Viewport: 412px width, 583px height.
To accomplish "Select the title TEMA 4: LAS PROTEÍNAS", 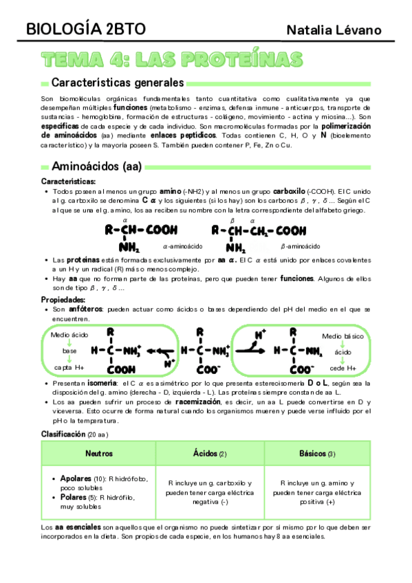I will pyautogui.click(x=173, y=60).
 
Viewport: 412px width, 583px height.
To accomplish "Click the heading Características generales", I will pyautogui.click(x=118, y=83).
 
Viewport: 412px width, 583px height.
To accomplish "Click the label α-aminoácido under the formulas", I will pyautogui.click(x=182, y=246).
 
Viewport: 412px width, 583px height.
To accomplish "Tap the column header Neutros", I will pyautogui.click(x=99, y=454).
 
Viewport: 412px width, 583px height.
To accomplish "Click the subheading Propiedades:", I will pyautogui.click(x=65, y=300).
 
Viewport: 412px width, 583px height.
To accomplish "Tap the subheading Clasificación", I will pyautogui.click(x=63, y=434).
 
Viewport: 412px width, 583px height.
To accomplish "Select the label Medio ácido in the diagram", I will pyautogui.click(x=69, y=334).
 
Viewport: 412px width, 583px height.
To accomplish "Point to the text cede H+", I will pyautogui.click(x=343, y=368).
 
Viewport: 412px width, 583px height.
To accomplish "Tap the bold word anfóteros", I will pyautogui.click(x=79, y=310).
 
